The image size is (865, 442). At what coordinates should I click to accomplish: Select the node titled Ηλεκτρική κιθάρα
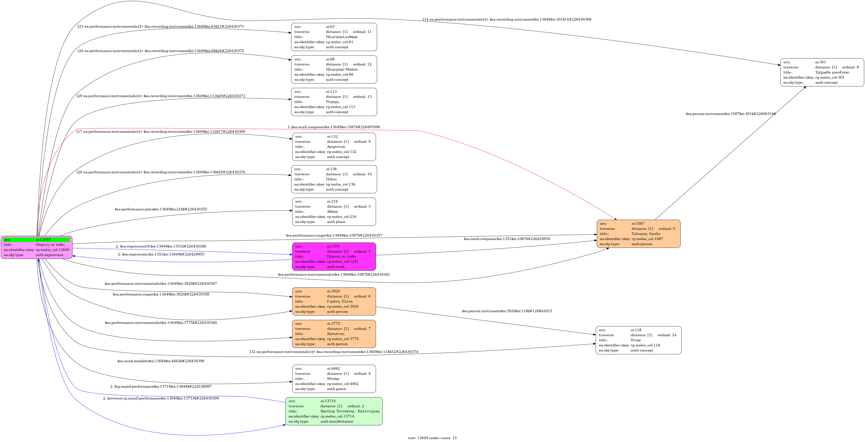pos(334,37)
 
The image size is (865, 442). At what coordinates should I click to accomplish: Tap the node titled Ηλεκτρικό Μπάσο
pos(334,69)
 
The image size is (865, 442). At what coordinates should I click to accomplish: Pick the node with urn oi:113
pos(334,102)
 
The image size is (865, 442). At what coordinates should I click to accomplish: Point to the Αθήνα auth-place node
pos(334,212)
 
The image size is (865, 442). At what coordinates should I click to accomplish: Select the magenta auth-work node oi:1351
pos(334,257)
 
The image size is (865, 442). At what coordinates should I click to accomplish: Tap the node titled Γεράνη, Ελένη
pos(334,301)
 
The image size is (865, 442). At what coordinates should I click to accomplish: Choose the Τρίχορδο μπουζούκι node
pos(822,72)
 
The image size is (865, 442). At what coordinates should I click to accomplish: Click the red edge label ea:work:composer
pos(334,127)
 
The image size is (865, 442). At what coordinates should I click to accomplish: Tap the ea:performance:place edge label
pos(161,209)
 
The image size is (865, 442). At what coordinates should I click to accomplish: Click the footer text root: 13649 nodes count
pos(432,438)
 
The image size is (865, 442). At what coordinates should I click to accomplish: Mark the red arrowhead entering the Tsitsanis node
pos(615,219)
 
